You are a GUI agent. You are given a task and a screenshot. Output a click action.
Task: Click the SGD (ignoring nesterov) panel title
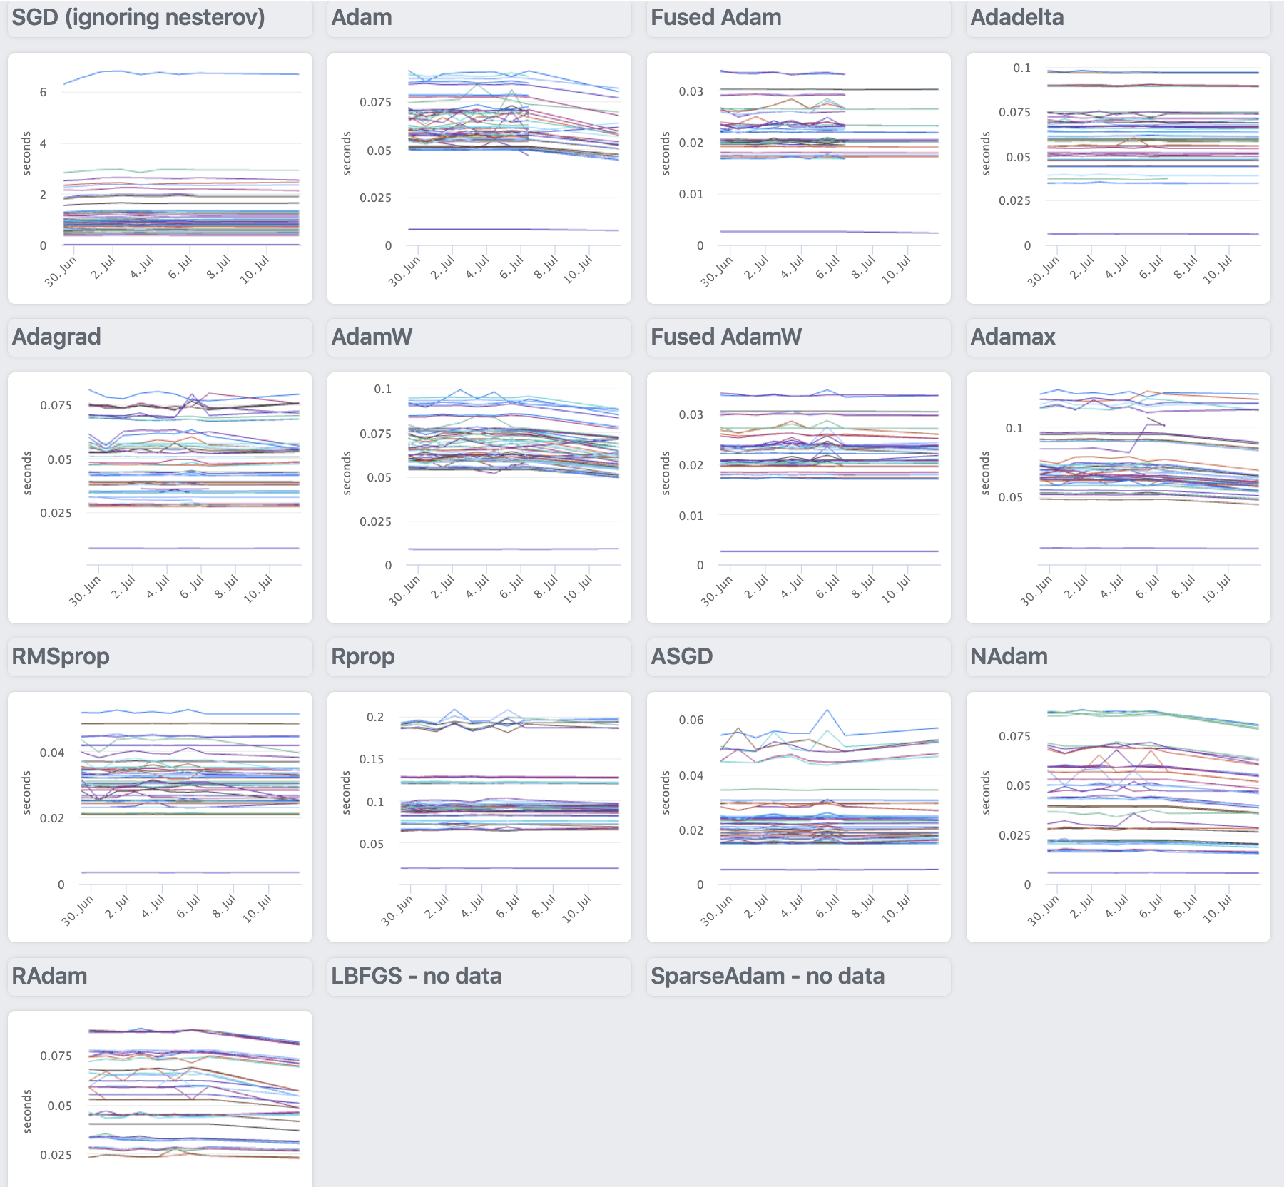click(138, 18)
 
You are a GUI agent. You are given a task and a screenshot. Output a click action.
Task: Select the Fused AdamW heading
click(726, 337)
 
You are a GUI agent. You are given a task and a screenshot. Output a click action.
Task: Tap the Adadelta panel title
click(1017, 18)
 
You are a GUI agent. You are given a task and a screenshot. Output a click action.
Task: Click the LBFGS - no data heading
click(417, 976)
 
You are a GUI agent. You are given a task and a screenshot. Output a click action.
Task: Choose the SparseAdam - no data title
click(768, 976)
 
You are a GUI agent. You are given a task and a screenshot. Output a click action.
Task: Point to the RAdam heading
click(50, 976)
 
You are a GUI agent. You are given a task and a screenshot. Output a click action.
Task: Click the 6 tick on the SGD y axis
click(43, 92)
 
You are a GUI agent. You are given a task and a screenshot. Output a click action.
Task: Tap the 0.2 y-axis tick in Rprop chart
click(375, 718)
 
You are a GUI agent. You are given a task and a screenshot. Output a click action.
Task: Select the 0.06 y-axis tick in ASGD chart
click(691, 720)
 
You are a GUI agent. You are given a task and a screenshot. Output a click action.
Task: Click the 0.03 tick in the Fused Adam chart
click(691, 92)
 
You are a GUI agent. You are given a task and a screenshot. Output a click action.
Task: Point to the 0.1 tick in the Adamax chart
click(1014, 429)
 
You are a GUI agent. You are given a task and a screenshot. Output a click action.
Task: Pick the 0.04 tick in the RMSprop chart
click(52, 753)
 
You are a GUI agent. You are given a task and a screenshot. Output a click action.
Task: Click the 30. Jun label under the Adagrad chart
click(84, 591)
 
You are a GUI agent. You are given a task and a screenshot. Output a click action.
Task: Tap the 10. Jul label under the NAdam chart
click(1218, 909)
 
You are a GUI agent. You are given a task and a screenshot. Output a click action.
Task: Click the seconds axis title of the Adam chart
click(347, 153)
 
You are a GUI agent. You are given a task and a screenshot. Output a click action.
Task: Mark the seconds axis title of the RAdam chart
click(28, 1111)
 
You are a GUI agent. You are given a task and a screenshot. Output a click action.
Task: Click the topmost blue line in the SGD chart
click(178, 73)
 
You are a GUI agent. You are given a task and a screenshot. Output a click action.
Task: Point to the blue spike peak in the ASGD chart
click(827, 710)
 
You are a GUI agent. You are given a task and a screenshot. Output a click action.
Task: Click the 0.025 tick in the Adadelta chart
click(1014, 201)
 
